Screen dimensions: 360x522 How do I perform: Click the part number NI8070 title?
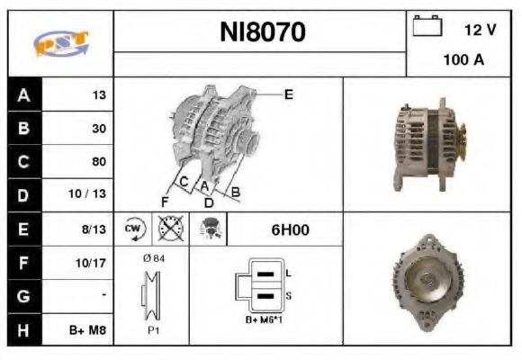point(263,33)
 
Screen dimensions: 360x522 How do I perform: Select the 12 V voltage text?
point(480,30)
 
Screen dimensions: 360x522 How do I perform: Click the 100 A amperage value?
point(463,60)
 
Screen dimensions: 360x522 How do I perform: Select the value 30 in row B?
point(98,129)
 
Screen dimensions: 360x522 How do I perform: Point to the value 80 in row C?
point(98,162)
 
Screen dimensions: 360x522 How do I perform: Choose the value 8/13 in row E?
point(94,229)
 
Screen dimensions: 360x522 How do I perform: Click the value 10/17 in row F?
point(93,264)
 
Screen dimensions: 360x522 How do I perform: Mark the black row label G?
point(22,296)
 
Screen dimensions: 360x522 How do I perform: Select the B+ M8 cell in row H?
point(90,330)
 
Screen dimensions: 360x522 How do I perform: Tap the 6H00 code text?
point(290,229)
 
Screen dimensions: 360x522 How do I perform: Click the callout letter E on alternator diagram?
point(288,94)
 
